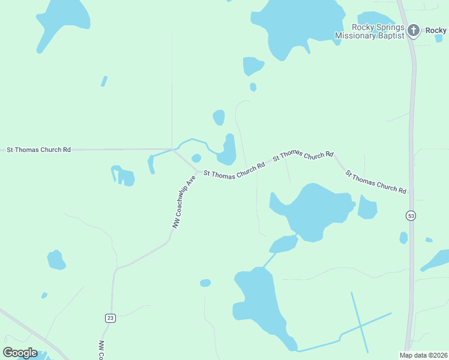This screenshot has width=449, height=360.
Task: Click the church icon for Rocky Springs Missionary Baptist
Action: point(413,30)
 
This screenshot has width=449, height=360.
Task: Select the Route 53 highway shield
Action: point(411,215)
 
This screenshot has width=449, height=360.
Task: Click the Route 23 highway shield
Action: point(110,318)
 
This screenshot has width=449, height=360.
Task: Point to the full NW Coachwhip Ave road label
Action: point(184,203)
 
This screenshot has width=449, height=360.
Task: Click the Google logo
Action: point(20,353)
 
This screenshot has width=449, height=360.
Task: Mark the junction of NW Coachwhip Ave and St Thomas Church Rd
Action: point(197,170)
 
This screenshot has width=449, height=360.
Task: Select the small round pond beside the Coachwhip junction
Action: point(196,158)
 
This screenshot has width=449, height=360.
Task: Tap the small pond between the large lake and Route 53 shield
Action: point(367,207)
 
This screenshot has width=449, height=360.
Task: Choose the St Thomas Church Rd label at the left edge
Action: point(38,149)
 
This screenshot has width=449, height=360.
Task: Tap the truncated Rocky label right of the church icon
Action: point(436,31)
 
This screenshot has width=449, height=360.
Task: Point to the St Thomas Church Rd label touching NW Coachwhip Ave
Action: point(234,170)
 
